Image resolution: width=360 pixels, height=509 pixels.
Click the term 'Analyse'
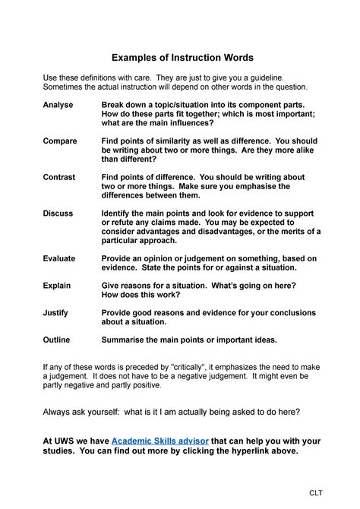pos(58,104)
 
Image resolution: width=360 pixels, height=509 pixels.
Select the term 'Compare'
pos(60,141)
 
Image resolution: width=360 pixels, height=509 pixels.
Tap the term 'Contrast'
pos(59,177)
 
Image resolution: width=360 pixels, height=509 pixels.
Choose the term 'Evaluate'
pos(59,259)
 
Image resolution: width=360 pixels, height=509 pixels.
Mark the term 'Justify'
pos(55,313)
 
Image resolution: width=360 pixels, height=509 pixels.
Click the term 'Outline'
pos(57,340)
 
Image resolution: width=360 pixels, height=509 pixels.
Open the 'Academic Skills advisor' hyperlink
pos(159,441)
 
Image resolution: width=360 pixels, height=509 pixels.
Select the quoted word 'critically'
pos(198,367)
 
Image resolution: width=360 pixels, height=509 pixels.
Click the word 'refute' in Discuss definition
pos(119,223)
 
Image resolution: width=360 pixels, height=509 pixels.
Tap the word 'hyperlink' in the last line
pos(240,451)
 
